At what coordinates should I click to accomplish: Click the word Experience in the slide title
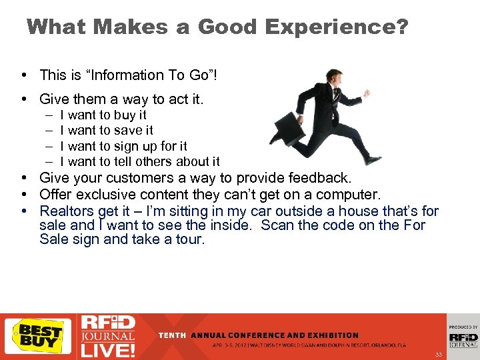(x=337, y=27)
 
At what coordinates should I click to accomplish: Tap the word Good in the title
(x=227, y=27)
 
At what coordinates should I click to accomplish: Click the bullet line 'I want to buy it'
(x=103, y=115)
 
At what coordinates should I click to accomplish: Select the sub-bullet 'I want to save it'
(x=107, y=130)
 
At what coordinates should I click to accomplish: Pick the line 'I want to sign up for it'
(x=123, y=146)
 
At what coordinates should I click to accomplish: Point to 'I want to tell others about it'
(x=140, y=161)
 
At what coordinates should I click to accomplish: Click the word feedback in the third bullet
(x=321, y=178)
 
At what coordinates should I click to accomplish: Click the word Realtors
(x=67, y=211)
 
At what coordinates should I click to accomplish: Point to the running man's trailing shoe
(x=373, y=159)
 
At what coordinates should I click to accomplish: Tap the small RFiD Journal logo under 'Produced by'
(x=463, y=339)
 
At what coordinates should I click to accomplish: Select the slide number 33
(x=438, y=354)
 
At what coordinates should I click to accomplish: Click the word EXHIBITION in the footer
(x=335, y=335)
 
